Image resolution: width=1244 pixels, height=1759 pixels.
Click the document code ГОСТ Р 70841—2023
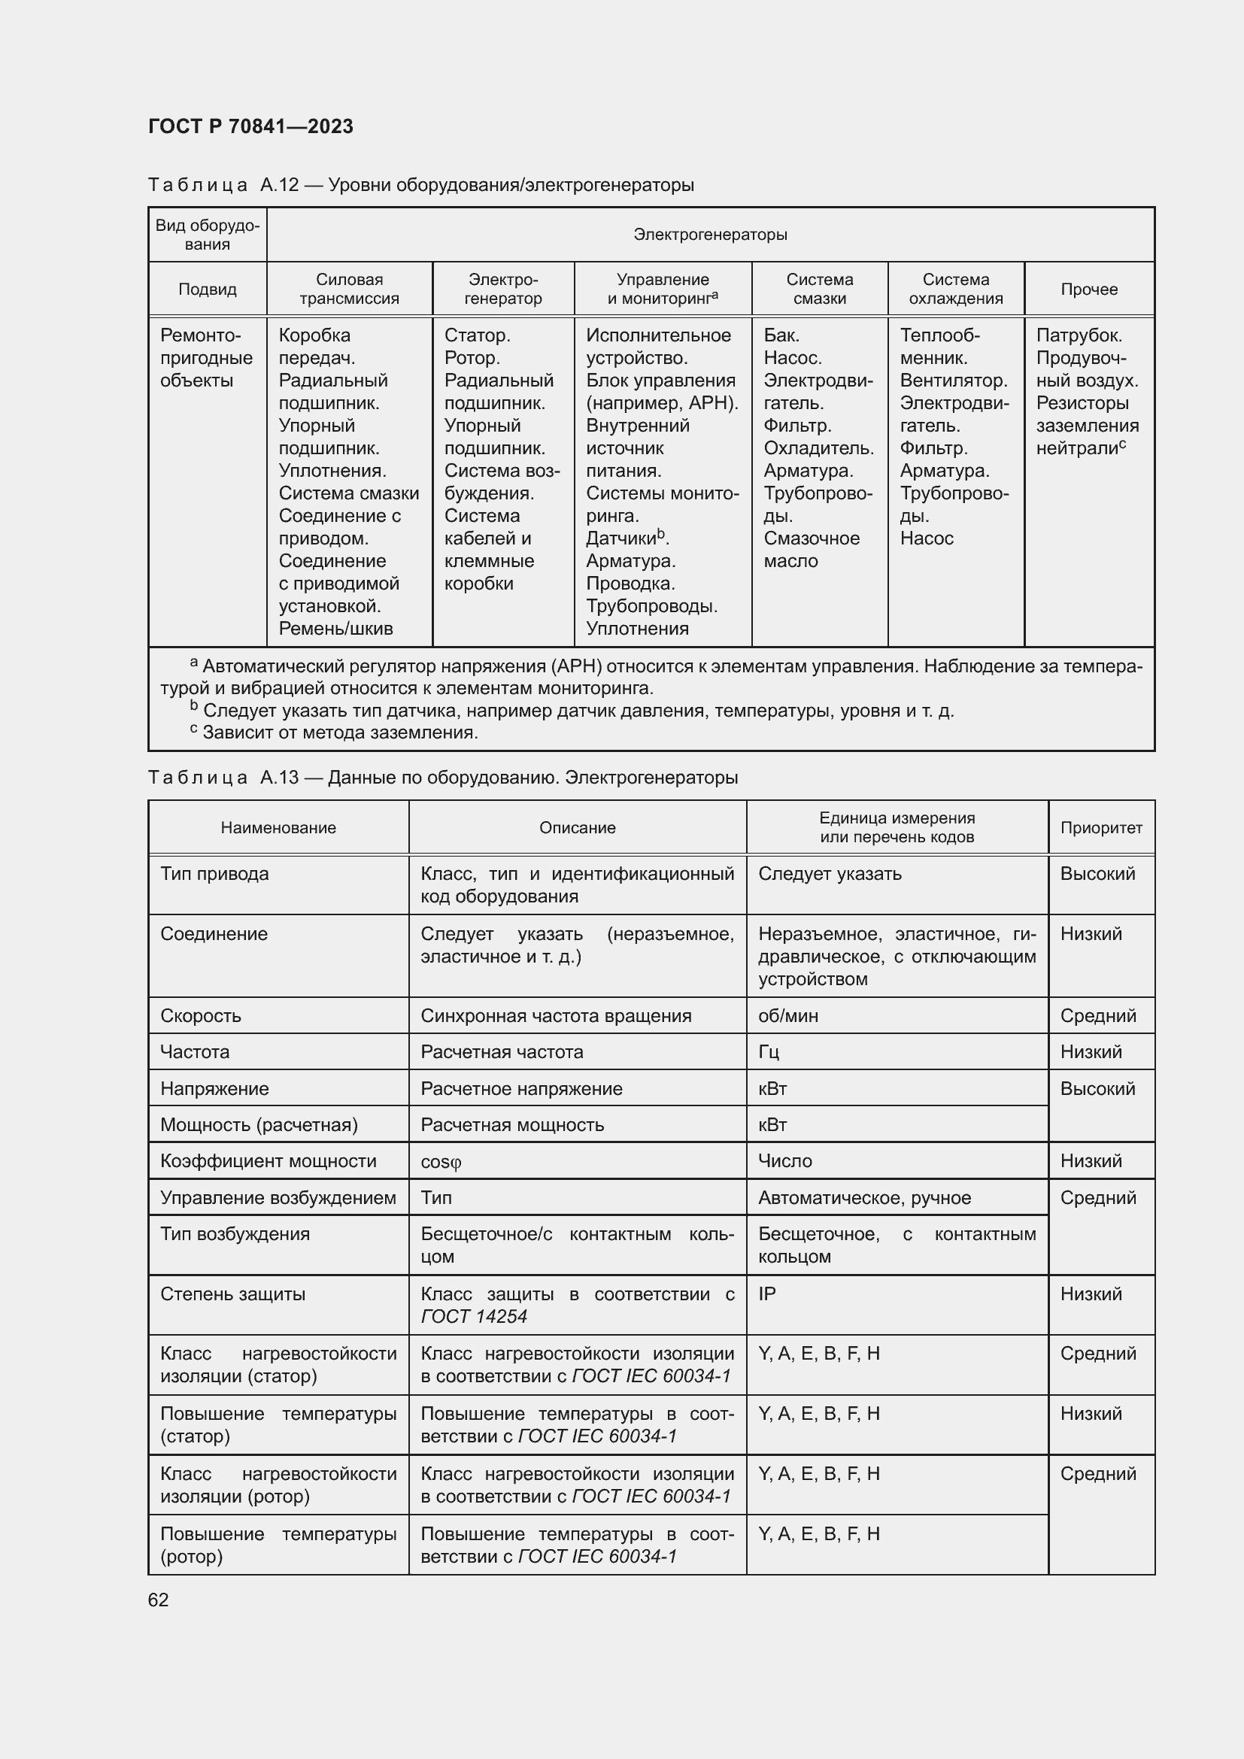coord(250,126)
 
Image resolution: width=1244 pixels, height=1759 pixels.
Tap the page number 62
coord(159,1600)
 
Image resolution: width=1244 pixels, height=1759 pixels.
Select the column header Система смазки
coord(819,289)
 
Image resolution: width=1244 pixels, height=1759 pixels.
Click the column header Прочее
coord(1088,289)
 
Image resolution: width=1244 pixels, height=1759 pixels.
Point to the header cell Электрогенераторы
coord(710,235)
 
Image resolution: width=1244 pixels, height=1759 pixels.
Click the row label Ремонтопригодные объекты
coord(206,358)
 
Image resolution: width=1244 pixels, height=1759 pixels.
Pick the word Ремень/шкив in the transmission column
coord(335,628)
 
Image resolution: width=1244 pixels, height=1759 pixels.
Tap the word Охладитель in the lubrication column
coord(818,448)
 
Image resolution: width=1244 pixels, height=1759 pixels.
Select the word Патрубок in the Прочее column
coord(1079,335)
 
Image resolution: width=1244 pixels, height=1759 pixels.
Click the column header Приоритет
coord(1101,827)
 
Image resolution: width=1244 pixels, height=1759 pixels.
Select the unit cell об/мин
coord(788,1016)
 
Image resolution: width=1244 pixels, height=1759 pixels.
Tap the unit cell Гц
coord(769,1052)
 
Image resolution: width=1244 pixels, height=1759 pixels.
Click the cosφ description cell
coord(441,1161)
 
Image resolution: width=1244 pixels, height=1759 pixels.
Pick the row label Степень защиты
coord(233,1294)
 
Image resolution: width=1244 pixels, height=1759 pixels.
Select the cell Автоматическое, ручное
coord(864,1197)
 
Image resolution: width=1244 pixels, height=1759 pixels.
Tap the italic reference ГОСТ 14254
coord(473,1316)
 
